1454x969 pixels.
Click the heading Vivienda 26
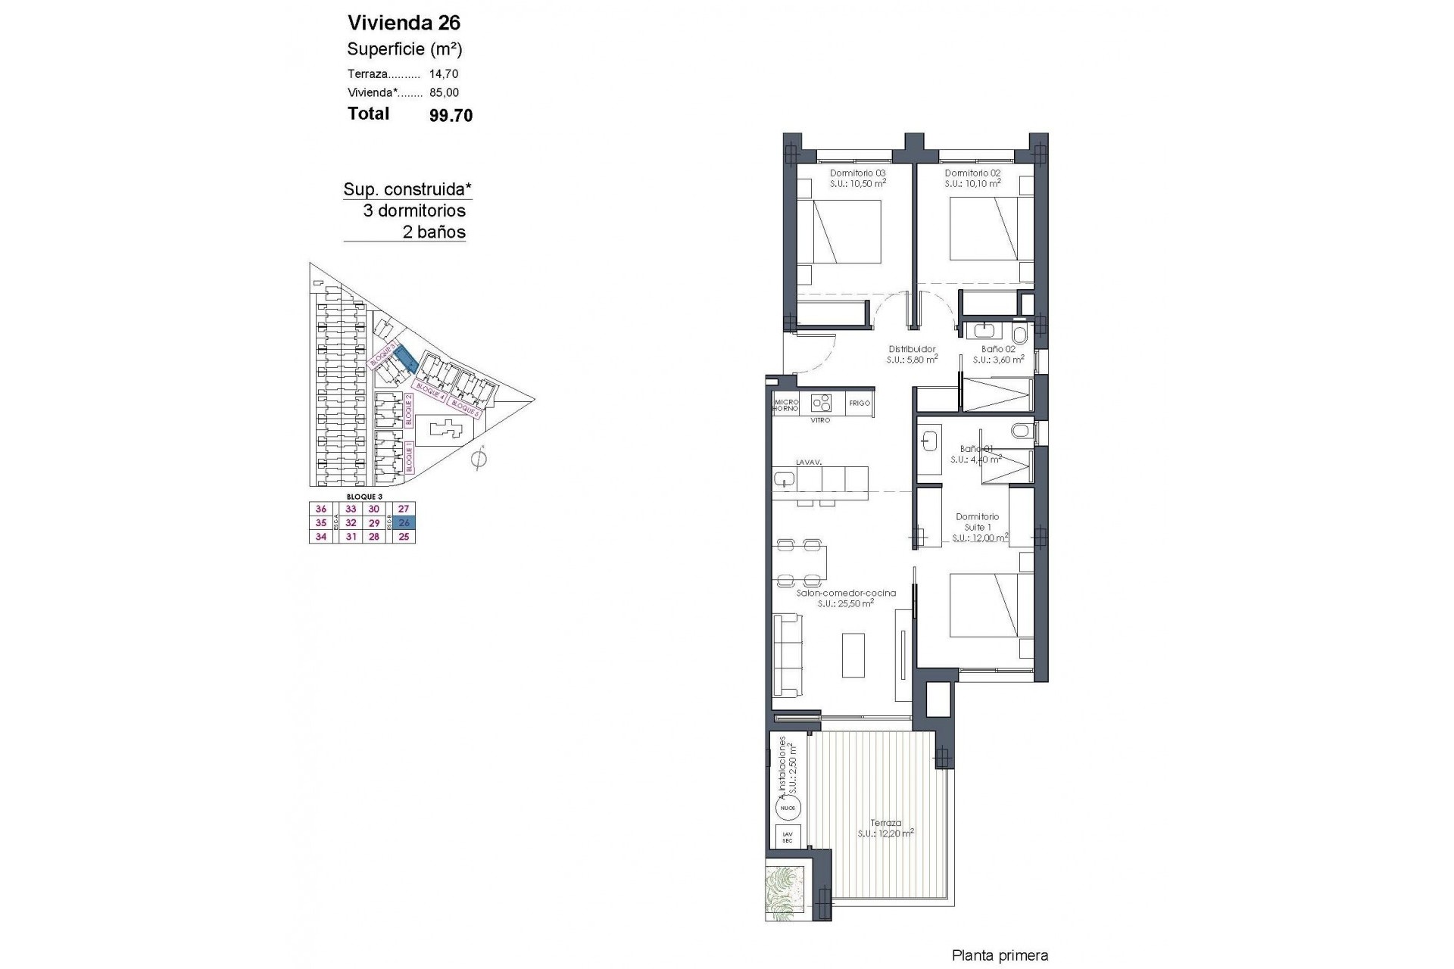pyautogui.click(x=404, y=22)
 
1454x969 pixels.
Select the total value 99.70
pyautogui.click(x=451, y=115)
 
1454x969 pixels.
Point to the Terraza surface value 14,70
pyautogui.click(x=444, y=74)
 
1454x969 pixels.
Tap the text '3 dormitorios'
pyautogui.click(x=414, y=210)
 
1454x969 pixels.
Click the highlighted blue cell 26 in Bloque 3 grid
pyautogui.click(x=404, y=523)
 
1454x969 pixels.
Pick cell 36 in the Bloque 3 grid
pyautogui.click(x=321, y=509)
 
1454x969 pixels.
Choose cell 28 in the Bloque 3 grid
pyautogui.click(x=373, y=537)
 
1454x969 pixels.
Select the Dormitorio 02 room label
pyautogui.click(x=972, y=173)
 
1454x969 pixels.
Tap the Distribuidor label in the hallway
pyautogui.click(x=912, y=350)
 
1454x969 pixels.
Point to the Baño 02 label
pyautogui.click(x=998, y=350)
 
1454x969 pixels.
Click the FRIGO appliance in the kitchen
pyautogui.click(x=860, y=403)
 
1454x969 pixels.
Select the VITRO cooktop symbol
pyautogui.click(x=821, y=402)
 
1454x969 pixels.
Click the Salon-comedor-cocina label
pyautogui.click(x=846, y=594)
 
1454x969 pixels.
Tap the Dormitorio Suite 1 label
pyautogui.click(x=977, y=522)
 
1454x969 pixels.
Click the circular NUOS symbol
pyautogui.click(x=788, y=809)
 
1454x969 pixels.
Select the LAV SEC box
pyautogui.click(x=787, y=837)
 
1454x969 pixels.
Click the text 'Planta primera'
pyautogui.click(x=1000, y=956)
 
